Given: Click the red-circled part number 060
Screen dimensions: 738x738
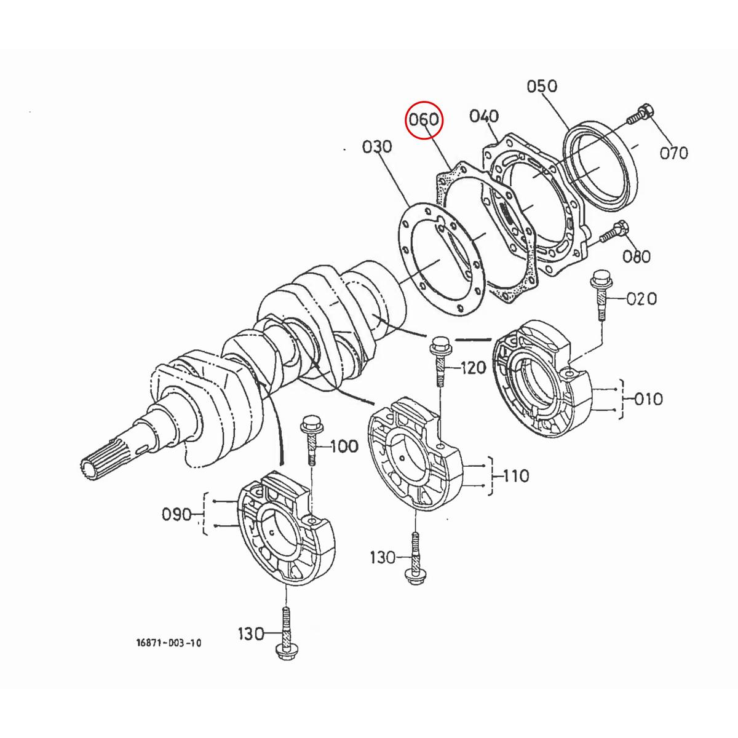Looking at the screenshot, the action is coord(424,119).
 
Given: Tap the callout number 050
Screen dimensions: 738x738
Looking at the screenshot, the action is coord(542,86).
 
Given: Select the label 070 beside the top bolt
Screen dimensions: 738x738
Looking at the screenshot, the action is coord(673,153).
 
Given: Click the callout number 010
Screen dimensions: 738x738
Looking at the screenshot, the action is coord(645,399).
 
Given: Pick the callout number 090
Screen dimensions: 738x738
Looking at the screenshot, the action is coord(178,514).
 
